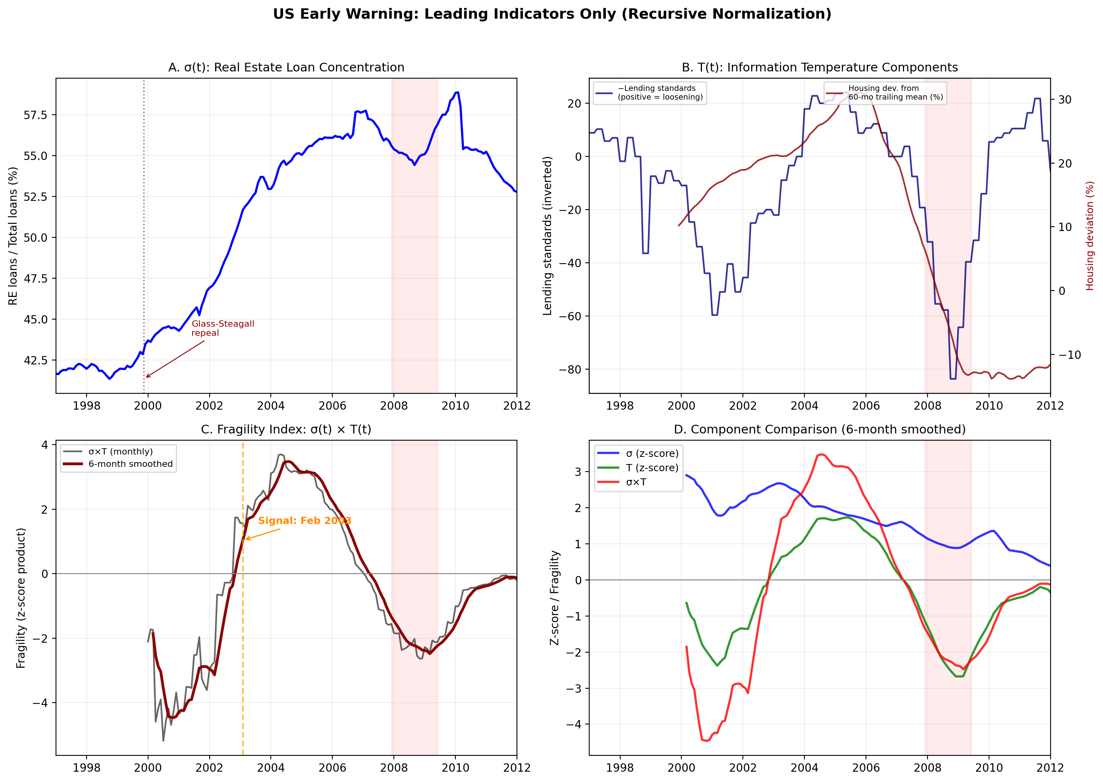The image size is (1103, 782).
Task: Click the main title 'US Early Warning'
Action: pyautogui.click(x=551, y=14)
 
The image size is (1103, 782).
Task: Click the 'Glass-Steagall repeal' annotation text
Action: pyautogui.click(x=222, y=328)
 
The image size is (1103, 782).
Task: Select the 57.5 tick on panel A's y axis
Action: pyautogui.click(x=36, y=115)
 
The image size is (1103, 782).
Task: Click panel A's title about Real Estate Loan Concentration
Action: pyautogui.click(x=286, y=67)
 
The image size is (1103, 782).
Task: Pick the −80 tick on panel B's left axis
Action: pyautogui.click(x=570, y=370)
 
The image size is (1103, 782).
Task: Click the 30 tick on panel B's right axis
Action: pyautogui.click(x=1064, y=100)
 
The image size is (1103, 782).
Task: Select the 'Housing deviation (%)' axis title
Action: pyautogui.click(x=1090, y=236)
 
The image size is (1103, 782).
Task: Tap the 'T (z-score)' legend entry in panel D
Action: pyautogui.click(x=652, y=468)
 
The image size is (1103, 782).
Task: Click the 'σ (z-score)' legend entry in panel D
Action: pyautogui.click(x=652, y=454)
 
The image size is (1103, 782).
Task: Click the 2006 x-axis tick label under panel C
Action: pyautogui.click(x=332, y=768)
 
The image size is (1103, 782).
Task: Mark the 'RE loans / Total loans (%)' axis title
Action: pyautogui.click(x=13, y=236)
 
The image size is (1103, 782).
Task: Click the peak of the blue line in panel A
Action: pyautogui.click(x=457, y=92)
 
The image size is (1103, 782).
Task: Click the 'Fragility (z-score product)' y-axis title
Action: pyautogui.click(x=21, y=598)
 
